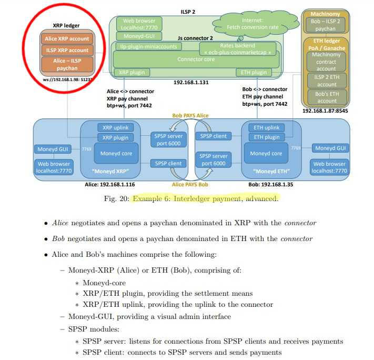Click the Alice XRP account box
66,39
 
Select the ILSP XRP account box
66,51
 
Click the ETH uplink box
267,128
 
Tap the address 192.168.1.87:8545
325,111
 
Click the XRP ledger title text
66,25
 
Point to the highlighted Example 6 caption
205,198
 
